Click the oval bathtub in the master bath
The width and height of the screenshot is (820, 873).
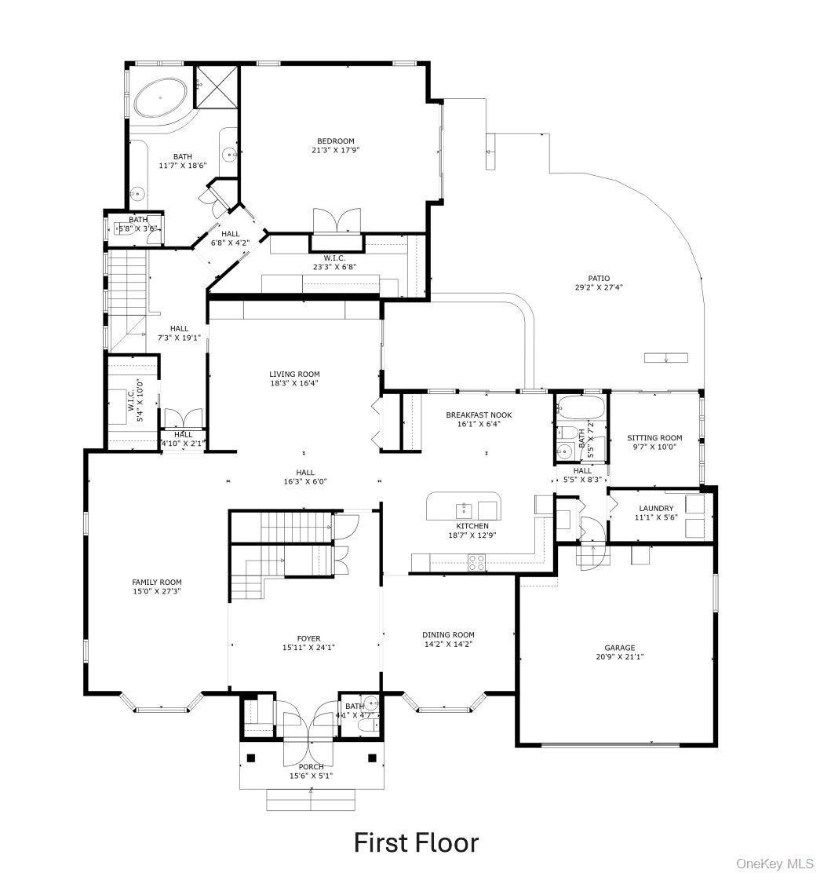click(161, 99)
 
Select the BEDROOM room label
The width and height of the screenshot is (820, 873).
click(341, 141)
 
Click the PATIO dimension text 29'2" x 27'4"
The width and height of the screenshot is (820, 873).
click(598, 287)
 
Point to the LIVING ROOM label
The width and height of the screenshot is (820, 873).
click(294, 374)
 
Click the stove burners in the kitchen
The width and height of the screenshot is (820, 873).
click(476, 561)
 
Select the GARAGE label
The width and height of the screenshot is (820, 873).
click(619, 648)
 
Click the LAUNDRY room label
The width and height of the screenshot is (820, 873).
click(655, 509)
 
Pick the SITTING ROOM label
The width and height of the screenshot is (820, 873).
click(654, 438)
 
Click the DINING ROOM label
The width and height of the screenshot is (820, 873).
click(448, 634)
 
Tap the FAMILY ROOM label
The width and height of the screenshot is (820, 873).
click(157, 583)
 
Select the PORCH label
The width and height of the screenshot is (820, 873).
click(311, 766)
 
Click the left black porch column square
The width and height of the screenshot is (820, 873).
click(251, 758)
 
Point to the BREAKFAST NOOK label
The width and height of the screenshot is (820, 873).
click(473, 415)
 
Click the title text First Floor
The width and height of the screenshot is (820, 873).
click(416, 842)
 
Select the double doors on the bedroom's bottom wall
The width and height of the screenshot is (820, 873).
click(337, 221)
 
